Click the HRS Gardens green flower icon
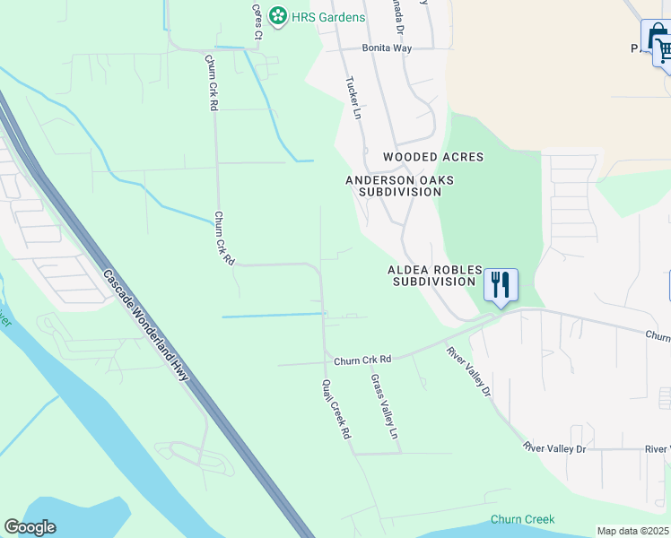pyautogui.click(x=278, y=16)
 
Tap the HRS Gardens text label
pyautogui.click(x=327, y=17)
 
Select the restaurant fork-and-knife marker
pyautogui.click(x=501, y=284)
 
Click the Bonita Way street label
pyautogui.click(x=387, y=48)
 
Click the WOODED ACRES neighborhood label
pyautogui.click(x=433, y=157)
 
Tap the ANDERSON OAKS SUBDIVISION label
pyautogui.click(x=400, y=186)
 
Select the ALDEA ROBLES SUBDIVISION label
pyautogui.click(x=434, y=275)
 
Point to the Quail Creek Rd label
pyautogui.click(x=336, y=408)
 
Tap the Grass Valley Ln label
pyautogui.click(x=384, y=406)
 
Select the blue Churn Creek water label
pyautogui.click(x=522, y=519)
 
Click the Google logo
pyautogui.click(x=30, y=527)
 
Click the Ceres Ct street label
pyautogui.click(x=257, y=22)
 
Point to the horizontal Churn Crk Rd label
pyautogui.click(x=362, y=360)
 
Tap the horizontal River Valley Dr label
pyautogui.click(x=554, y=447)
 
